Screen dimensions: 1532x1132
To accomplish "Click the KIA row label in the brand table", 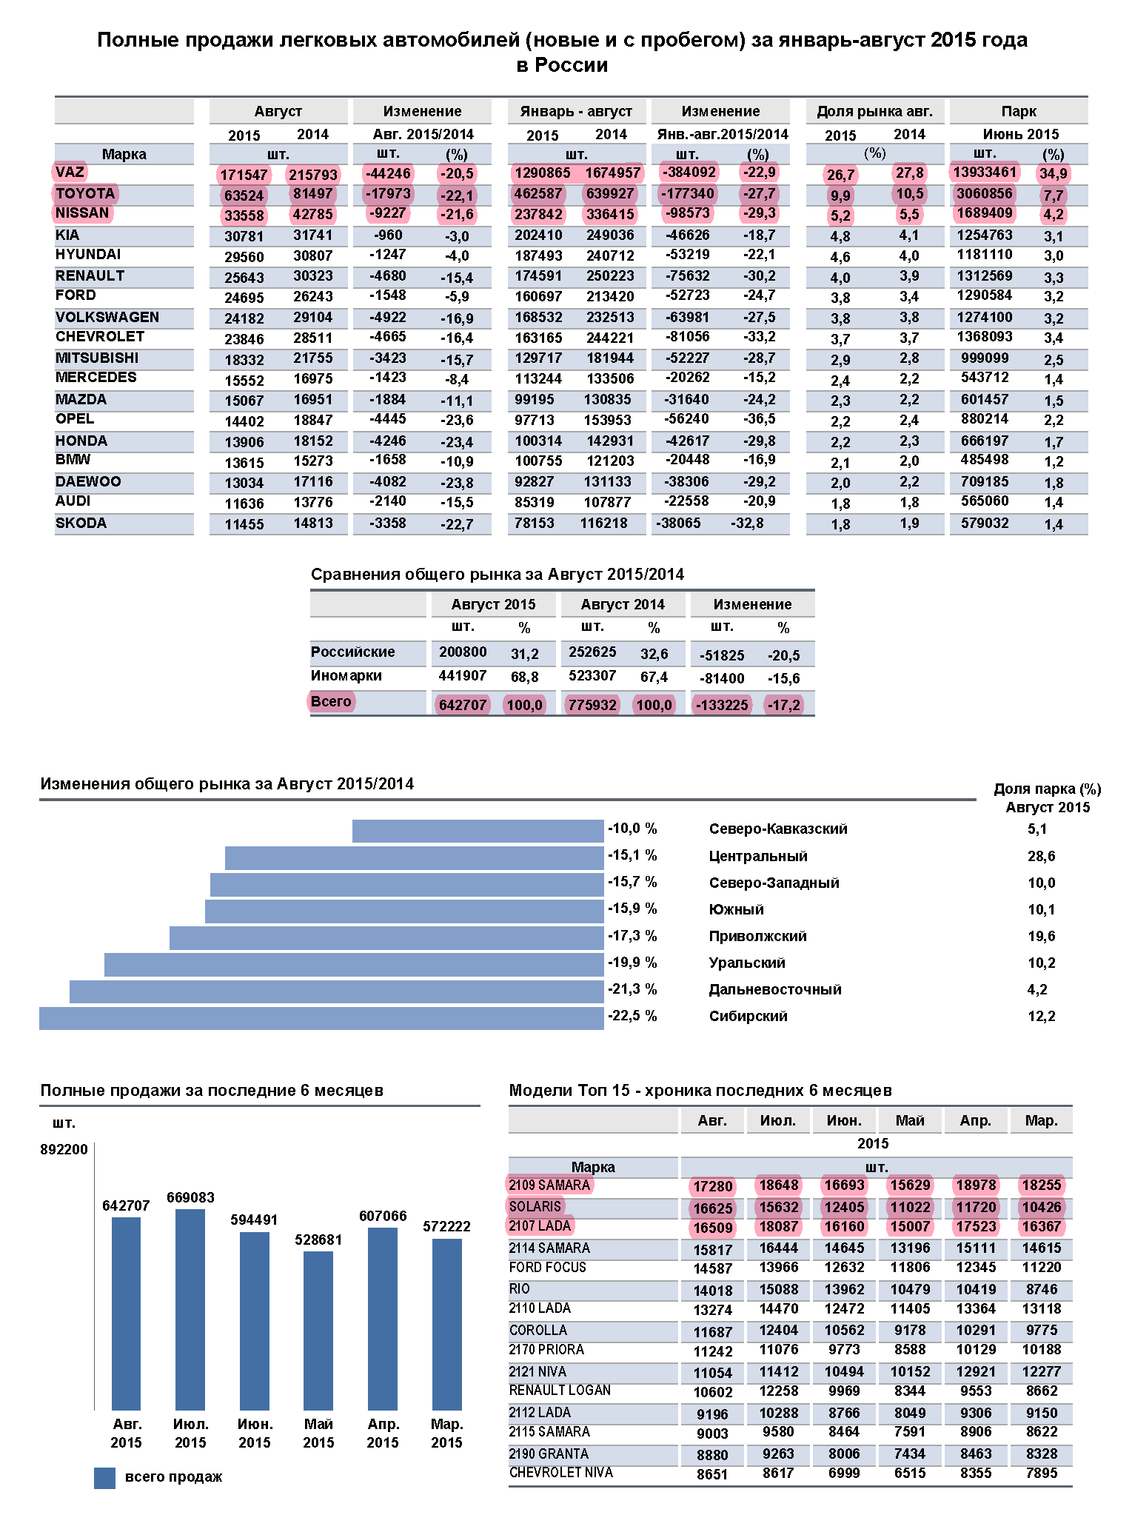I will [x=67, y=235].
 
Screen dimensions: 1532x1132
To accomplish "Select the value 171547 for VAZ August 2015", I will [x=244, y=175].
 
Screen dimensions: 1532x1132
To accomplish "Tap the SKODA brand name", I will [x=81, y=523].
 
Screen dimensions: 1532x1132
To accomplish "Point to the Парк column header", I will [x=1019, y=111].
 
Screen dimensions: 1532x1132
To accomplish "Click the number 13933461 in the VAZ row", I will [x=985, y=173].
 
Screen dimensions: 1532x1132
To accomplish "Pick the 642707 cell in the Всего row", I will [x=463, y=704].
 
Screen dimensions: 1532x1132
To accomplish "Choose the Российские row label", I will [x=353, y=652].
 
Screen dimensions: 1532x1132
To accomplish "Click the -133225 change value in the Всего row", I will [x=721, y=704].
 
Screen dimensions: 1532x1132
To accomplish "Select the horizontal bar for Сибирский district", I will [x=321, y=1018].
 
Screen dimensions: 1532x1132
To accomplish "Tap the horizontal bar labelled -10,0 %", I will [x=478, y=831].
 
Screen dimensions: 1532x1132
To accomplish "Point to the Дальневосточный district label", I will [x=775, y=989].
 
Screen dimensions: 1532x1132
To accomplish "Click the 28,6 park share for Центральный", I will [x=1041, y=856].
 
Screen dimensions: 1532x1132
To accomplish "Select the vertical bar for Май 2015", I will [x=318, y=1330].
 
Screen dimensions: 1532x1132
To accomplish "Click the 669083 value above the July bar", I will [x=190, y=1197].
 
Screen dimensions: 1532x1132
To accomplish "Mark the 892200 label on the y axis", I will [x=64, y=1149].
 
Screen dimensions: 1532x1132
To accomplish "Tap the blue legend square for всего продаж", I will [x=104, y=1478].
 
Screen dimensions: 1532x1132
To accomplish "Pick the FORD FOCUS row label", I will [x=547, y=1267].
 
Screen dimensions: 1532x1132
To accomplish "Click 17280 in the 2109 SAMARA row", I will [x=712, y=1186].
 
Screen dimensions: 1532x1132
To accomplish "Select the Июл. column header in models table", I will [x=777, y=1120].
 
